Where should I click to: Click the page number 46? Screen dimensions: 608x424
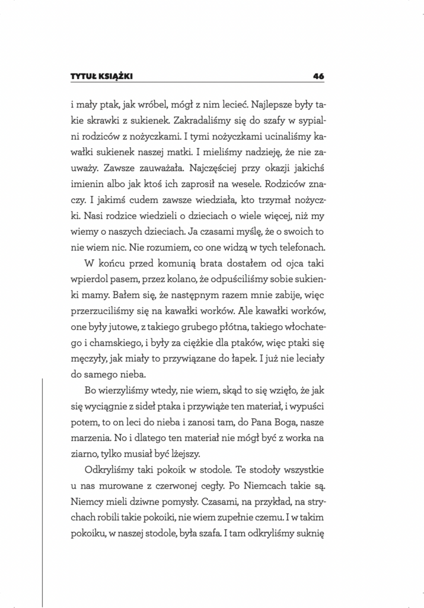click(317, 76)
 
